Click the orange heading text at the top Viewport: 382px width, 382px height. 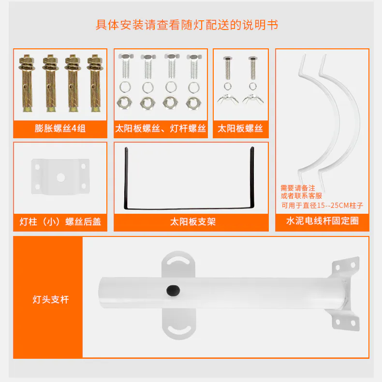point(187,25)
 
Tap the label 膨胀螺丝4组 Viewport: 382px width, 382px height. point(60,129)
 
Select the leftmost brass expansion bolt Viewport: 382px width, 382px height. point(27,83)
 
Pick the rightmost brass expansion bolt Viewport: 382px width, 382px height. point(95,83)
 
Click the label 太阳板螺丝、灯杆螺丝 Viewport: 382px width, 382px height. point(161,129)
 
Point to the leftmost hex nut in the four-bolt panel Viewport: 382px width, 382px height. point(124,103)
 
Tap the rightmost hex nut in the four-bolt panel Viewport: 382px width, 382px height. point(194,103)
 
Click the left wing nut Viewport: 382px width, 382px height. point(228,99)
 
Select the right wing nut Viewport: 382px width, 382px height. point(253,99)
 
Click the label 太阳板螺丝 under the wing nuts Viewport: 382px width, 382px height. point(240,129)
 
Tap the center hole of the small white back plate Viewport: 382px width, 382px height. point(60,177)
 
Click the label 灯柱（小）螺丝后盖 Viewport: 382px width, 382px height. point(60,221)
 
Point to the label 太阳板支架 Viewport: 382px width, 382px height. point(193,221)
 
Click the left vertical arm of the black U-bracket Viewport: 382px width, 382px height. point(126,178)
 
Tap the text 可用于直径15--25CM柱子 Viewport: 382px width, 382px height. point(322,206)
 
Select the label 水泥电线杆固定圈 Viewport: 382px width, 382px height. point(323,220)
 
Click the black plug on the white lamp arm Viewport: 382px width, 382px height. point(173,290)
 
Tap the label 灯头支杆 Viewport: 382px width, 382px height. point(51,299)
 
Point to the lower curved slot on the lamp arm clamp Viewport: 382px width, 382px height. point(178,329)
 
